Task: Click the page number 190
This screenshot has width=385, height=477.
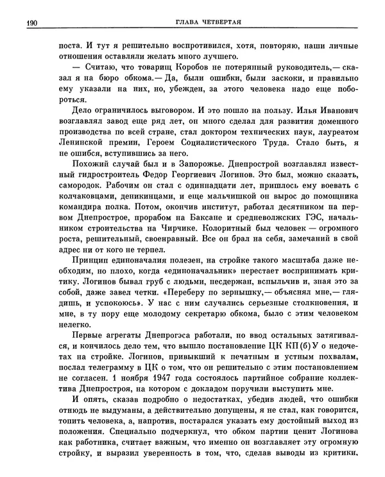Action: coord(30,24)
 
